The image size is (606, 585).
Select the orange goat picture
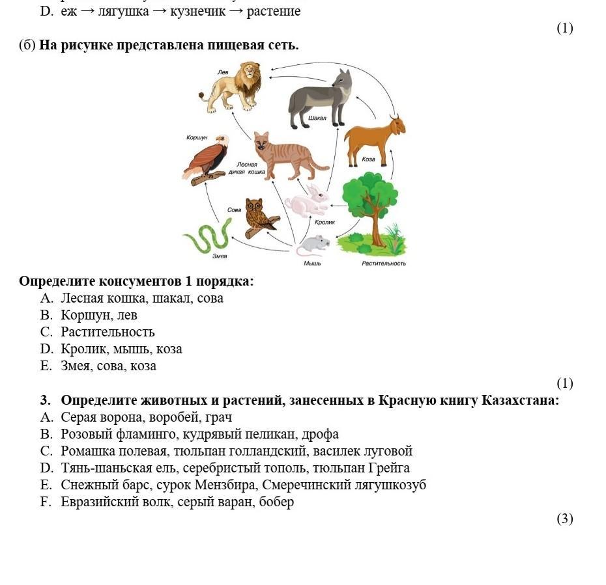pyautogui.click(x=375, y=139)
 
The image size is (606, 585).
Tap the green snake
pyautogui.click(x=209, y=237)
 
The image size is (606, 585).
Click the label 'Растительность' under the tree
pyautogui.click(x=384, y=264)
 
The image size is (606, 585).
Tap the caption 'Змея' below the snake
pyautogui.click(x=220, y=256)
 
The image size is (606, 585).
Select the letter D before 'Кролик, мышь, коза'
pyautogui.click(x=46, y=349)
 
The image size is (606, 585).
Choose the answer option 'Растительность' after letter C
pyautogui.click(x=108, y=333)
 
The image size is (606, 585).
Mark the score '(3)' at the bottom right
pyautogui.click(x=564, y=519)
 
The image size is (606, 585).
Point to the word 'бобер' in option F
pyautogui.click(x=276, y=502)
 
